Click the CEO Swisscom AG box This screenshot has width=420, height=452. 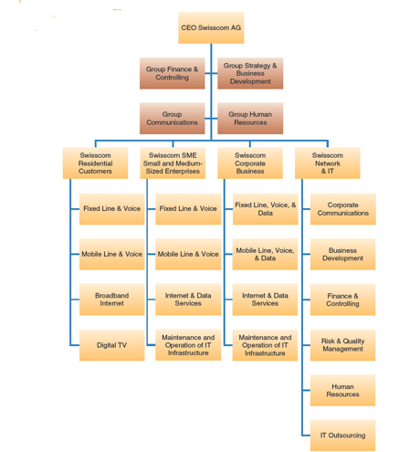(211, 28)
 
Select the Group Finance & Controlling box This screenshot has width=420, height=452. (172, 73)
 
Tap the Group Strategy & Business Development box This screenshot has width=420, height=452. (250, 73)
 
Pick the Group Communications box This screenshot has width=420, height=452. (172, 118)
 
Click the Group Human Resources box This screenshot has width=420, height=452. (250, 118)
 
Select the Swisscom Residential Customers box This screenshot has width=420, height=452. (95, 163)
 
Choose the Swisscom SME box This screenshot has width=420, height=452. (173, 163)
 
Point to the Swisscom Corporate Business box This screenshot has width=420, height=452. (250, 163)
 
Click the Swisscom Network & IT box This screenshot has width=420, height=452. (328, 163)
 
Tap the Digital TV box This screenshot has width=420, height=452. (111, 345)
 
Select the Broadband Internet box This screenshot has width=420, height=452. (111, 300)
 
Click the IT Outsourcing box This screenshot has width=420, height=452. (342, 436)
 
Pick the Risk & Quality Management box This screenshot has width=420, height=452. (342, 345)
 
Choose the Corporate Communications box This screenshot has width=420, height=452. (342, 209)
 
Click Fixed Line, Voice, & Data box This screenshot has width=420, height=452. (265, 209)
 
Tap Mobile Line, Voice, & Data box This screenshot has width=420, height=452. (265, 254)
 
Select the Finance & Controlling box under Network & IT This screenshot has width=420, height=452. (342, 300)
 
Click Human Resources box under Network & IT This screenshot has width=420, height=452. (342, 391)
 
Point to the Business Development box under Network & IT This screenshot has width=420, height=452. (342, 254)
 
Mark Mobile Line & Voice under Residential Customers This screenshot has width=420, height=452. (111, 254)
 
